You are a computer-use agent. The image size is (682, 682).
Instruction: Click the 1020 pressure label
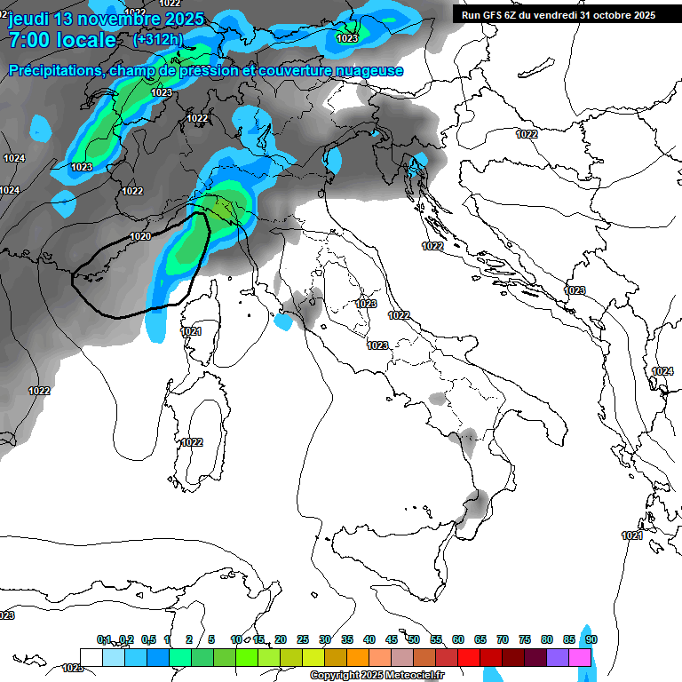(x=140, y=237)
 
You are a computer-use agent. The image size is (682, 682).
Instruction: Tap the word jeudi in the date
(x=29, y=19)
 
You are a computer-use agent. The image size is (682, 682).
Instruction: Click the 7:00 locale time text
(x=62, y=40)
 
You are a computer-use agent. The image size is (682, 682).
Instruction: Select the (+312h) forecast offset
(x=158, y=40)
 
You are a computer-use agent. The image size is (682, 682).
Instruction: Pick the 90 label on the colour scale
(x=591, y=639)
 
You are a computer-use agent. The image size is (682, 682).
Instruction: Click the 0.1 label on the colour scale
(x=104, y=639)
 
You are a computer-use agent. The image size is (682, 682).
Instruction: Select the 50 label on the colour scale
(x=414, y=639)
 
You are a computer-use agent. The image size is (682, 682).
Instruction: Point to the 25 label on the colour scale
(x=303, y=639)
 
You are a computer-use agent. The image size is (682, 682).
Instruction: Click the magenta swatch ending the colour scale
(x=580, y=657)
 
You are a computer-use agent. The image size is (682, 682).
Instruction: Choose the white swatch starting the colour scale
(x=91, y=657)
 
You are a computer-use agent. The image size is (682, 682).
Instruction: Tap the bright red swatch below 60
(x=469, y=657)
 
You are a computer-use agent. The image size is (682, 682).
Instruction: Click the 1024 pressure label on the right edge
(x=662, y=371)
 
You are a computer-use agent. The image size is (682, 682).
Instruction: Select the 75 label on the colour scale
(x=525, y=639)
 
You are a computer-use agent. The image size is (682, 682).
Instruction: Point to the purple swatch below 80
(x=558, y=657)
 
